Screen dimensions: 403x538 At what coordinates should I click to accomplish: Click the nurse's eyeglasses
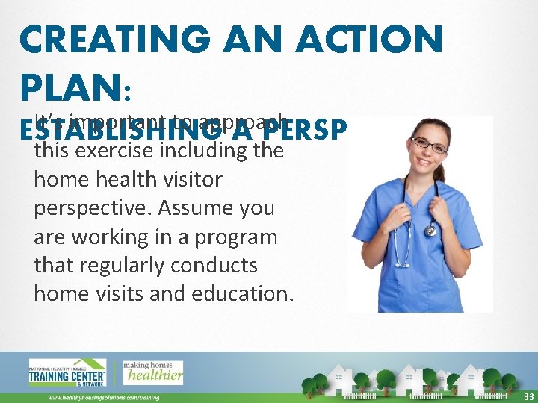(x=429, y=143)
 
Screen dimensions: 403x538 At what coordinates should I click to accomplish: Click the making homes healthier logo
(x=152, y=372)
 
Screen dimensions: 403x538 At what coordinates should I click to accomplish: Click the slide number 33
(x=528, y=396)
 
